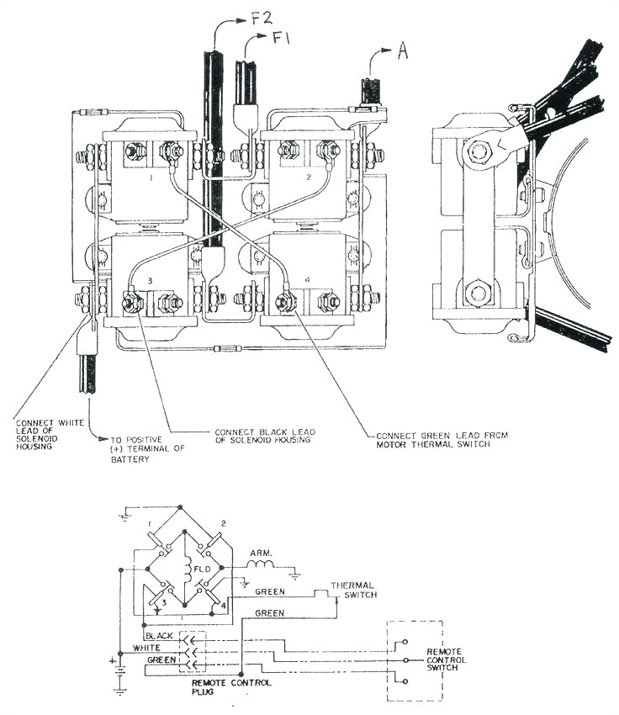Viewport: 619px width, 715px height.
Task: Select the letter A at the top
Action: [402, 51]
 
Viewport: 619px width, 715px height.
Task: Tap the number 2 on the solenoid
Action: [309, 178]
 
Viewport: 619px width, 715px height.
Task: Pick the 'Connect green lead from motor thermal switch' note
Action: [442, 440]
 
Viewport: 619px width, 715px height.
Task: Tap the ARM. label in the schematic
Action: [261, 554]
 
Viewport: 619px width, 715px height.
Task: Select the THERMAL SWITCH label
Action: [352, 591]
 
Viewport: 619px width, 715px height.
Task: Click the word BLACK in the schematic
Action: [160, 636]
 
